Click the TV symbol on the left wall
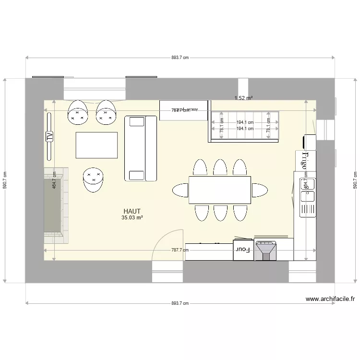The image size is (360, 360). click(49, 136)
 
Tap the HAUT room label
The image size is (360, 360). click(132, 211)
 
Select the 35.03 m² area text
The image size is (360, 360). click(132, 217)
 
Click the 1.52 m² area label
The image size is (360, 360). click(243, 98)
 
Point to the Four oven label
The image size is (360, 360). click(240, 250)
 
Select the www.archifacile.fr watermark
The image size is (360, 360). click(331, 299)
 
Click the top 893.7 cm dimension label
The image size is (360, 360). click(180, 58)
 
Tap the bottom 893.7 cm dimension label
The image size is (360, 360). click(180, 303)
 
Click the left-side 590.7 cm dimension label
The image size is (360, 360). click(5, 180)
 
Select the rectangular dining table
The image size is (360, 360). click(220, 190)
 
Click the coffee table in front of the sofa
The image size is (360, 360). click(96, 145)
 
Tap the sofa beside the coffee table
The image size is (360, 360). click(141, 148)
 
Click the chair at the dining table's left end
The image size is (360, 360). click(180, 190)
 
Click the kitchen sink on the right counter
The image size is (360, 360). click(307, 189)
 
